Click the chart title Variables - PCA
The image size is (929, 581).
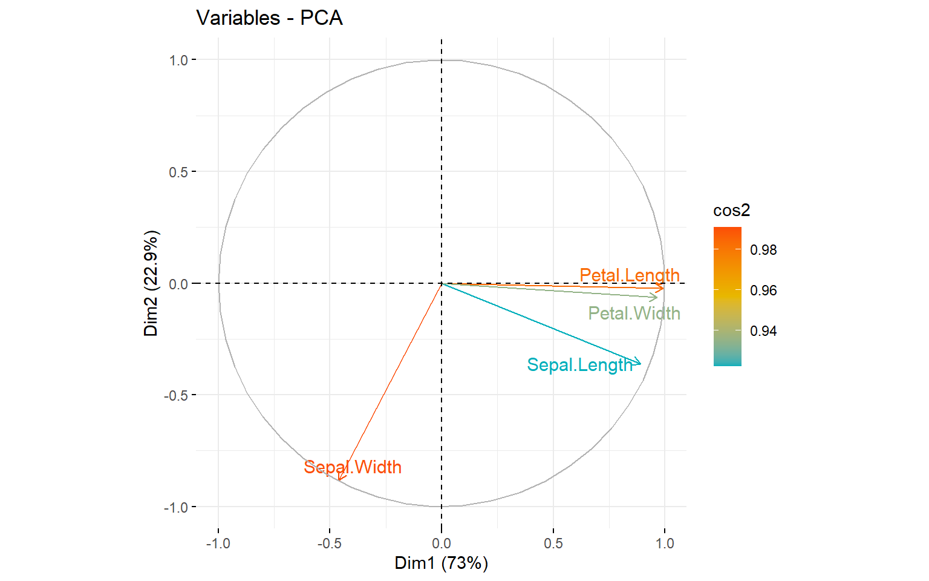pyautogui.click(x=270, y=18)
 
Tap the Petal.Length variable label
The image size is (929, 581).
pyautogui.click(x=630, y=275)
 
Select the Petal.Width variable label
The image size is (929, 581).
pyautogui.click(x=634, y=313)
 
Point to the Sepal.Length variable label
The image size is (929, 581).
pyautogui.click(x=579, y=365)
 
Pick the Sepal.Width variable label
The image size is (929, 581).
pyautogui.click(x=353, y=467)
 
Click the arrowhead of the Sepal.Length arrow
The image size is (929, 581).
pyautogui.click(x=640, y=363)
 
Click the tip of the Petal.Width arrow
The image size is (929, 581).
pyautogui.click(x=657, y=297)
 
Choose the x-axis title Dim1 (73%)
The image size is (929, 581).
pyautogui.click(x=441, y=563)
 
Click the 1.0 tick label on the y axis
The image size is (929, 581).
pyautogui.click(x=178, y=60)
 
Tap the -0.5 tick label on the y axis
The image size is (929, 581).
pyautogui.click(x=176, y=395)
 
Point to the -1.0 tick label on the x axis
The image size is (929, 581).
pyautogui.click(x=218, y=543)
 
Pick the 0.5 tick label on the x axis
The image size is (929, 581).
pyautogui.click(x=553, y=543)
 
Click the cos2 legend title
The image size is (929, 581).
pyautogui.click(x=731, y=211)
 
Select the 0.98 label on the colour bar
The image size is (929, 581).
pyautogui.click(x=763, y=250)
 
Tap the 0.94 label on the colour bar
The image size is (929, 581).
pyautogui.click(x=763, y=331)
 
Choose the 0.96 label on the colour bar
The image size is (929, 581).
pyautogui.click(x=763, y=290)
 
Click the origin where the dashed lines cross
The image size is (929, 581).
pyautogui.click(x=442, y=283)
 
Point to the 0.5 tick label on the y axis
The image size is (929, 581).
pyautogui.click(x=178, y=172)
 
